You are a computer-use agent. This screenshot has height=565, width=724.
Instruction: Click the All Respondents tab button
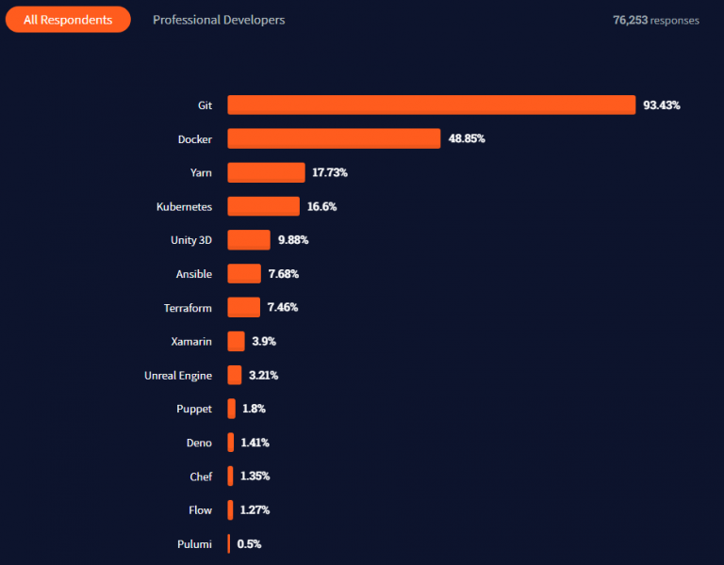click(x=68, y=19)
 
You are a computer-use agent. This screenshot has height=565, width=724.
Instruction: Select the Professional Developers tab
click(x=219, y=20)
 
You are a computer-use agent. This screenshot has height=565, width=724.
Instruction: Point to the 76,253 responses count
click(x=656, y=20)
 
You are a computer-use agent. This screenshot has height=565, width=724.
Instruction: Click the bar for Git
click(x=431, y=105)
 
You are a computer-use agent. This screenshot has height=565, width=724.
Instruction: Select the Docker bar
click(x=334, y=138)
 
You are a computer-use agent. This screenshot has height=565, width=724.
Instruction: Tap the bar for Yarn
click(x=266, y=172)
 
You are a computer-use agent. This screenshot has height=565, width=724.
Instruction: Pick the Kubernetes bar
click(x=263, y=206)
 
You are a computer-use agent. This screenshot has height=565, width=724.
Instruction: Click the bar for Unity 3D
click(x=249, y=240)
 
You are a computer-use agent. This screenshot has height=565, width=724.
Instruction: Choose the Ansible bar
click(x=244, y=274)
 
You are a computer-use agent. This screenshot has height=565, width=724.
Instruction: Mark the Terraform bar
click(x=243, y=308)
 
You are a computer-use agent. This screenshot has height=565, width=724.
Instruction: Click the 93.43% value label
click(x=662, y=105)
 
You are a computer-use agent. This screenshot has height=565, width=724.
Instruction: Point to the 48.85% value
click(x=467, y=138)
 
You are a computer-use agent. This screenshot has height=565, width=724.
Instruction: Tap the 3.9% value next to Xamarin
click(x=264, y=341)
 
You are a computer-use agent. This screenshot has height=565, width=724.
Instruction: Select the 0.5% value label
click(x=250, y=543)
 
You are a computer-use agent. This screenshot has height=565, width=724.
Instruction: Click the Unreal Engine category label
click(x=178, y=375)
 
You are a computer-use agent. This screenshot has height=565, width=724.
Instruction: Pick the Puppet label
click(x=194, y=409)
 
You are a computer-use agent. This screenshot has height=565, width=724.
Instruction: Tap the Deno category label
click(x=199, y=443)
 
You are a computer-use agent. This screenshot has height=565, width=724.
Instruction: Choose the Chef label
click(x=201, y=476)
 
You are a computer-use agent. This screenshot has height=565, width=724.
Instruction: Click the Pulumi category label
click(x=194, y=543)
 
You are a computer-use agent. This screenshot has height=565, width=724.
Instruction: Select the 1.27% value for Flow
click(x=255, y=510)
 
